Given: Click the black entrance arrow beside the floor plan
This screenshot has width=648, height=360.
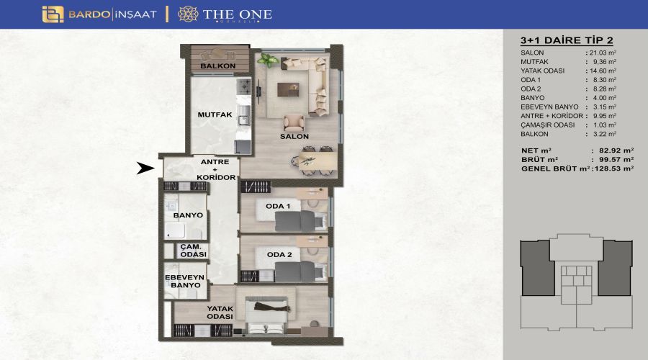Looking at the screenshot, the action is (x=145, y=168).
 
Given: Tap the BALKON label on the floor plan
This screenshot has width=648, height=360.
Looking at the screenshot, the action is (x=217, y=66).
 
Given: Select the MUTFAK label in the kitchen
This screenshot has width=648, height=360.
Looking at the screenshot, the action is (x=215, y=115).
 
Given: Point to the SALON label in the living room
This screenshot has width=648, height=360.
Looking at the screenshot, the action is (x=294, y=136).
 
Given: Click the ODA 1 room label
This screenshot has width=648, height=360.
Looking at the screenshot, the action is (x=278, y=206).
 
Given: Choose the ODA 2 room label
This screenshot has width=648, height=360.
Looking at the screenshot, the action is (x=279, y=255).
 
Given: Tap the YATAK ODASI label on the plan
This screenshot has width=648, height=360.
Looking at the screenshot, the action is (x=220, y=312).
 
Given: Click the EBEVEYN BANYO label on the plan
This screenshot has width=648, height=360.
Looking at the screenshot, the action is (x=185, y=281).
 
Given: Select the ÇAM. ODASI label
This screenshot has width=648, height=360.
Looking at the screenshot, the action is (x=193, y=251).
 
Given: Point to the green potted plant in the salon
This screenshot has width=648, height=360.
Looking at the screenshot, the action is (x=268, y=60).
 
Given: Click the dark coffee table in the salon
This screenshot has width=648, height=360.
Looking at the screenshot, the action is (x=288, y=89).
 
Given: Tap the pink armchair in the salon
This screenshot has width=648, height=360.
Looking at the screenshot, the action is (x=294, y=122).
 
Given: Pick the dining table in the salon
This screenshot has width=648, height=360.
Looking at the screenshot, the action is (x=318, y=160).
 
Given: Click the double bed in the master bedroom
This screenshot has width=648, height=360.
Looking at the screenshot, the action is (x=266, y=315).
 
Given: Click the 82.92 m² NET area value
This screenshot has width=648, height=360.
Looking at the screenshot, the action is (x=616, y=151).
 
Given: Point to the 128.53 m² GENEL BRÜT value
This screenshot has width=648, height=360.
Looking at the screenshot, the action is (x=614, y=168).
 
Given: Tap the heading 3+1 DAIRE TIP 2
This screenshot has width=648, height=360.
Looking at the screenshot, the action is (x=567, y=40).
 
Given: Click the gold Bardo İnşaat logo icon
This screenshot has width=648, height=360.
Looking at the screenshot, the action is (x=53, y=14).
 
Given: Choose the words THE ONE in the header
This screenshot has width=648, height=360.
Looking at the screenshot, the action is (x=237, y=15).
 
